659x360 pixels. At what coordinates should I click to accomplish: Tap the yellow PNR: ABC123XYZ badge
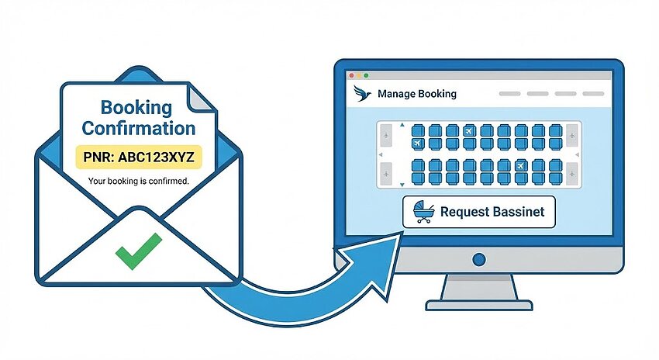pos(139,157)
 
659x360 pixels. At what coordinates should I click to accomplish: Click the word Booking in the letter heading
pos(136,109)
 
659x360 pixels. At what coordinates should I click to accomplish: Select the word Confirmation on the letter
pos(139,128)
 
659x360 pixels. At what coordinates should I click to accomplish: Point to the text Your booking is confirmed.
pos(138,182)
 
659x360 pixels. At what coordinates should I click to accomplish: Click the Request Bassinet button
pos(478,212)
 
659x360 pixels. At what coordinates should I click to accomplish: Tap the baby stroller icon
pos(423,212)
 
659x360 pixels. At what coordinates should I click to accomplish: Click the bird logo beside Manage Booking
pos(362,93)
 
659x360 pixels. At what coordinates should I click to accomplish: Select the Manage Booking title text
pos(417,94)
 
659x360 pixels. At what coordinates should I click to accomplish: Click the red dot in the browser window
pos(352,76)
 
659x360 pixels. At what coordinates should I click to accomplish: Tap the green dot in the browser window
pos(366,76)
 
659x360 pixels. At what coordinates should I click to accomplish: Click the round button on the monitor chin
pos(478,259)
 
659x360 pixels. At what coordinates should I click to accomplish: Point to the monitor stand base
pos(478,305)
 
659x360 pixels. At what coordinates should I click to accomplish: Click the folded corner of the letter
pos(202,98)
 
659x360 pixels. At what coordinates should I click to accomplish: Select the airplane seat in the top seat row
pos(469,131)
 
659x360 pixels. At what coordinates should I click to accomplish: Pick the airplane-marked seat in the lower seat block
pos(521,165)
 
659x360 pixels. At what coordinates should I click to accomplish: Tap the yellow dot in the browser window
pos(359,76)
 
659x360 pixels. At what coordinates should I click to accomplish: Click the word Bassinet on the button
pos(518,211)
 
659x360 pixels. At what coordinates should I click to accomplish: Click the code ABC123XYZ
pos(156,157)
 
